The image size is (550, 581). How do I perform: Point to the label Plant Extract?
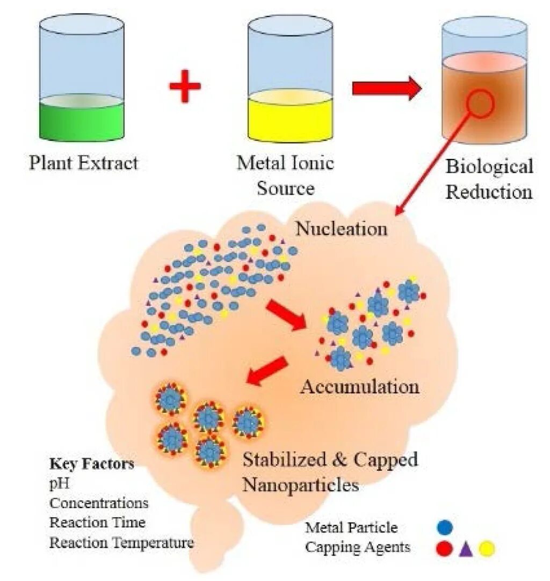coord(84,162)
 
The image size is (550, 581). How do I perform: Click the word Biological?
coord(489,166)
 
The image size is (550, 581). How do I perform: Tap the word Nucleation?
coord(342,229)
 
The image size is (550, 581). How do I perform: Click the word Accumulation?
coord(359,386)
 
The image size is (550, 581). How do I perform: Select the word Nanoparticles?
coord(300,485)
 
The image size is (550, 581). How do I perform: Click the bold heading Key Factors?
coord(92,464)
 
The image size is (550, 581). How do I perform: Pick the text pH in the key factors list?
coord(60,483)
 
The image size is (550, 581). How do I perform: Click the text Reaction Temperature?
coord(121,542)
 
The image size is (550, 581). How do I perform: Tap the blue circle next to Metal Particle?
coord(445,528)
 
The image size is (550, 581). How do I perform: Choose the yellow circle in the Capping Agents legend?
coord(486,549)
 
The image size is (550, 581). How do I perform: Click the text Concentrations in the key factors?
coord(99,503)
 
